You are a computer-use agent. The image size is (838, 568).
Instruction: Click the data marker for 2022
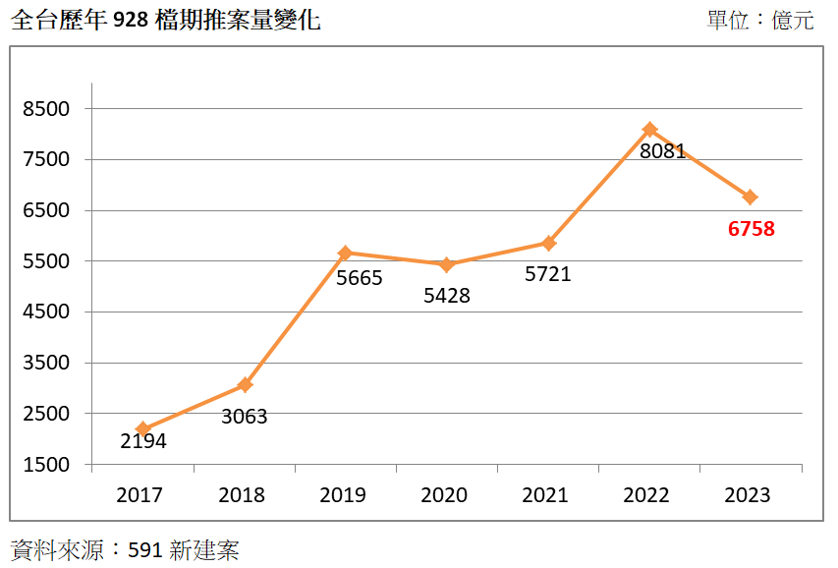point(649,130)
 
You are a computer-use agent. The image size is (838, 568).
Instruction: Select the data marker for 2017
point(142,429)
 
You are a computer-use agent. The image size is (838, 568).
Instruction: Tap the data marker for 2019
point(345,253)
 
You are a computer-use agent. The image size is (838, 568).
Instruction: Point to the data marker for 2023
point(750,198)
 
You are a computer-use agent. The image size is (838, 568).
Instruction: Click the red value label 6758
point(752,229)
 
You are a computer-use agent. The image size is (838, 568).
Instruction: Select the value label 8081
point(662,152)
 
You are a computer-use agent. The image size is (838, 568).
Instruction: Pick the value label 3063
point(244,417)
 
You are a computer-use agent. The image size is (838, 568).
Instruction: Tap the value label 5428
point(447,296)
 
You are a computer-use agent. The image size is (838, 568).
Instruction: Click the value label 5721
point(547,275)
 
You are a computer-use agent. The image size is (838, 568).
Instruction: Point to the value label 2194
point(143,441)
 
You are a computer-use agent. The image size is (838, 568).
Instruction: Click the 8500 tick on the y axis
point(47,108)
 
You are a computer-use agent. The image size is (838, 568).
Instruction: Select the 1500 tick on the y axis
point(47,465)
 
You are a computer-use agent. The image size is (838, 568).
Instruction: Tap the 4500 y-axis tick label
point(47,312)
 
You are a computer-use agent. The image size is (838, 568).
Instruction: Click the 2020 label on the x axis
point(444,495)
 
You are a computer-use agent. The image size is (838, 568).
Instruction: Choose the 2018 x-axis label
point(242,495)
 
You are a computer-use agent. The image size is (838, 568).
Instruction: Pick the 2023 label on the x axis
point(748,495)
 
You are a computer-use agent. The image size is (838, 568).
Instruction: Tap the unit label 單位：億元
point(759,21)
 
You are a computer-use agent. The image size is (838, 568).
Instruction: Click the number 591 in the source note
point(145,549)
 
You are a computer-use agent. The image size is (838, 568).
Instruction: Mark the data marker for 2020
point(446,265)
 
